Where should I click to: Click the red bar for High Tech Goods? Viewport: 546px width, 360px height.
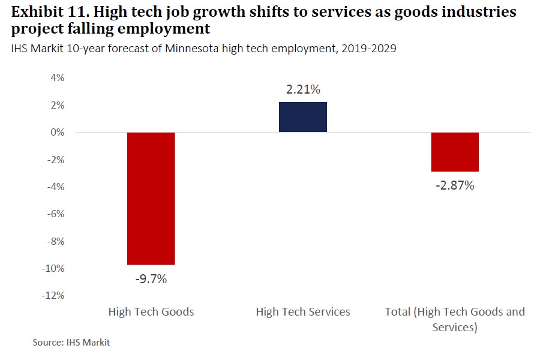pyautogui.click(x=151, y=198)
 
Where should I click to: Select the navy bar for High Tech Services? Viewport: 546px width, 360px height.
pyautogui.click(x=303, y=117)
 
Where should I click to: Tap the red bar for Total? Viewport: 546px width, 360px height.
pyautogui.click(x=455, y=152)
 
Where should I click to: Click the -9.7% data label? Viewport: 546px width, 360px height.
pyautogui.click(x=151, y=279)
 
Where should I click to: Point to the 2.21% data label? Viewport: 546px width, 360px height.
pyautogui.click(x=303, y=90)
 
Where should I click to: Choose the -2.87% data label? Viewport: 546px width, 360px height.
pyautogui.click(x=455, y=185)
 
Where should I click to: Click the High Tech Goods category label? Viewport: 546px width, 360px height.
pyautogui.click(x=151, y=312)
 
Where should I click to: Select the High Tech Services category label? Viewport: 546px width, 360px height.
pyautogui.click(x=303, y=312)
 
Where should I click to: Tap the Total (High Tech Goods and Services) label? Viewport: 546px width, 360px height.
pyautogui.click(x=455, y=319)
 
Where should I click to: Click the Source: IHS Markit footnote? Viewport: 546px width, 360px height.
pyautogui.click(x=71, y=343)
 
